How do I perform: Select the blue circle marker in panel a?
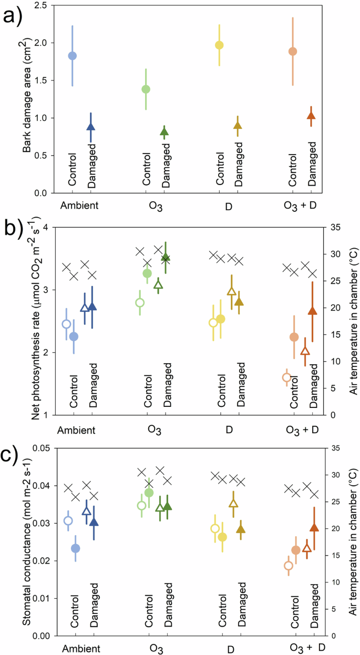(73, 56)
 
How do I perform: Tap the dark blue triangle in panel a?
(91, 126)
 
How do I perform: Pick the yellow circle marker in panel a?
(219, 45)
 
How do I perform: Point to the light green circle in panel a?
(146, 89)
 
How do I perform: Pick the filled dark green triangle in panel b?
(166, 257)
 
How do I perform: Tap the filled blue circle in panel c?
(75, 548)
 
